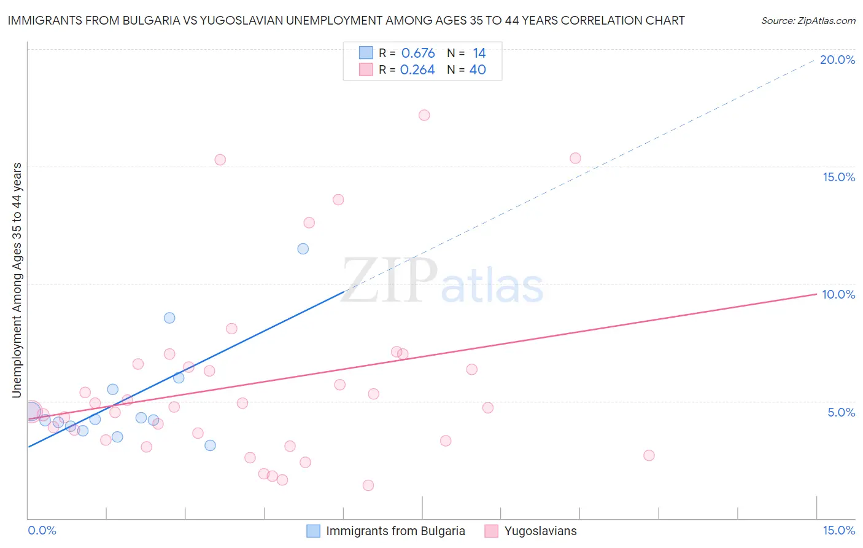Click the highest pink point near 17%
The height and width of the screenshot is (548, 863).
pos(424,115)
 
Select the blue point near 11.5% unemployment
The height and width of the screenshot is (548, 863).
pos(303,249)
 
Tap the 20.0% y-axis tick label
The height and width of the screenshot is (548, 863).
pos(837,60)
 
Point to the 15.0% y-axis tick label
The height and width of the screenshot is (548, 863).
pos(838,177)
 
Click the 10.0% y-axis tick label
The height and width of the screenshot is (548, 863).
pos(838,294)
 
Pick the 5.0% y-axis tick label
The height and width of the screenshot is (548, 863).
pos(841,412)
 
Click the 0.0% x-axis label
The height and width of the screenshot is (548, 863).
pos(42,530)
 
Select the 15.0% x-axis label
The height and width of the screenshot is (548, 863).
pos(838,530)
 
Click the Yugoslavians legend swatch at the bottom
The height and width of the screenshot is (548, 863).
pos(491,531)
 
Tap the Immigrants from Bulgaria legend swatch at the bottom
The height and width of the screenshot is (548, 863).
pos(313,531)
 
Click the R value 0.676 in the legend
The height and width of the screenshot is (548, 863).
pos(418,53)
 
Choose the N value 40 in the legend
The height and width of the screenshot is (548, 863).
pos(478,70)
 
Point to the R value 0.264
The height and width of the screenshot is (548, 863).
pos(417,70)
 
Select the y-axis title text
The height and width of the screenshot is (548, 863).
pos(17,280)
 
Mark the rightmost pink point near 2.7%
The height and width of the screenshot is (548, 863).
pos(649,455)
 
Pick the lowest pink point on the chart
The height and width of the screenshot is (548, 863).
pos(368,485)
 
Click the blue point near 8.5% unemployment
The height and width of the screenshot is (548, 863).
pos(169,318)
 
